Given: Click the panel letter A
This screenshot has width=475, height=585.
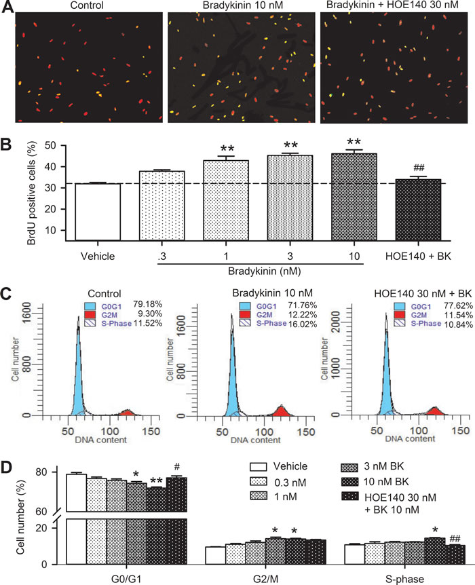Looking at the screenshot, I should (x=8, y=9).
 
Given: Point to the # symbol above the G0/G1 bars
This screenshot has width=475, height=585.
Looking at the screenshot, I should (x=176, y=466).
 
